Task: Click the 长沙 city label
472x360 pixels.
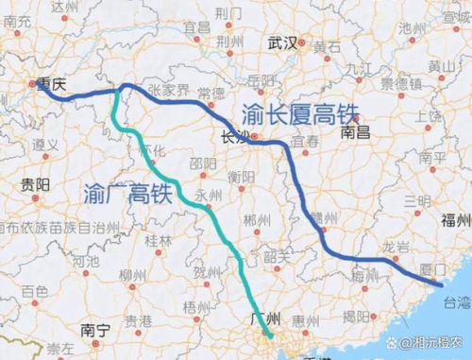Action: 233,137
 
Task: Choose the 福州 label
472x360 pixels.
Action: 453,217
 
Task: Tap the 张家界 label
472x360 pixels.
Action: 165,88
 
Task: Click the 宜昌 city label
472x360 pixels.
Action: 196,28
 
